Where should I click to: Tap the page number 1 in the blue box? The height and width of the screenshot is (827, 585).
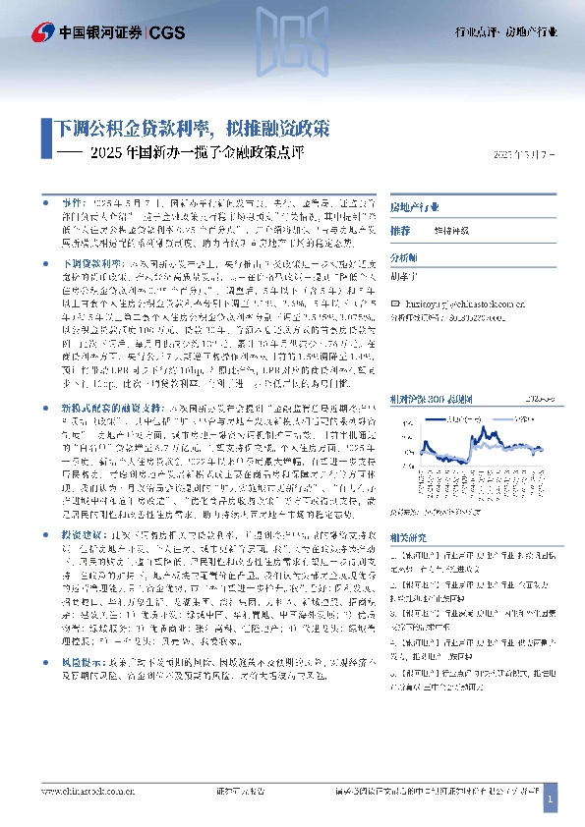(x=551, y=802)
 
